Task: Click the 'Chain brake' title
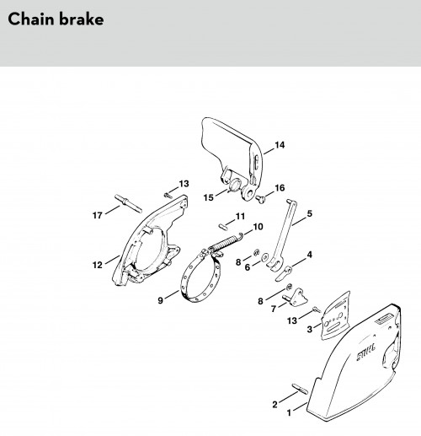56,19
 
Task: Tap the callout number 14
280,145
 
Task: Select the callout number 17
98,215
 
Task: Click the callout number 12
98,265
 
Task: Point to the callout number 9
160,300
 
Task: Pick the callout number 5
309,213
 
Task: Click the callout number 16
280,188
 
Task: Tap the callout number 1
289,413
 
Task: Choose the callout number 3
309,329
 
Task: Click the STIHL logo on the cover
365,353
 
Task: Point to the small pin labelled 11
223,227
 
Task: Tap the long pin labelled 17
128,203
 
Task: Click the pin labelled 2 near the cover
300,389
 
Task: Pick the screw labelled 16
260,199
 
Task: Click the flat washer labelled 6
264,256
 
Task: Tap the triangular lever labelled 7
296,299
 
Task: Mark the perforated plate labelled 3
335,316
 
